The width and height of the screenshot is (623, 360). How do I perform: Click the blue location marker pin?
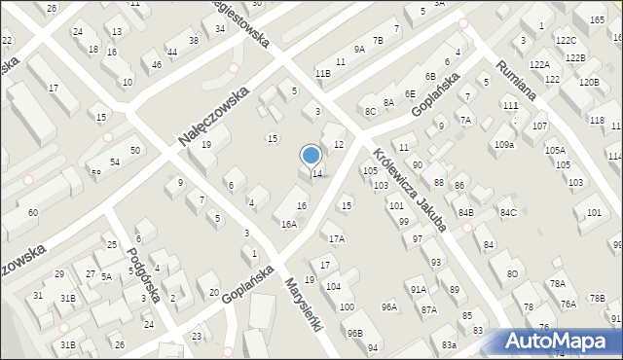point(311,155)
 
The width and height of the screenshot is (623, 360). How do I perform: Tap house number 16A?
point(289,224)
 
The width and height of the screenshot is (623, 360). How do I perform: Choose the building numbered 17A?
point(337,238)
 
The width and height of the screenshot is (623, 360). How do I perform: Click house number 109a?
point(503,144)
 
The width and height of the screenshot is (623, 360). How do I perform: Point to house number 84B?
point(466,212)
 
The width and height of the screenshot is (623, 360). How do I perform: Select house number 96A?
point(389,306)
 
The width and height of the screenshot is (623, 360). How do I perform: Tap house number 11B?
point(322,73)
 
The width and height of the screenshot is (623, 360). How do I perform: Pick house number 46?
point(157,65)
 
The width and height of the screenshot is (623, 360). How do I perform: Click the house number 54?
point(115,162)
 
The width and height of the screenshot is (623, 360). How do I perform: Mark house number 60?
point(33,212)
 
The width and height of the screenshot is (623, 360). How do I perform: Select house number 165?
point(596,19)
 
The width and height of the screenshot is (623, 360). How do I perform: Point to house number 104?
point(333,287)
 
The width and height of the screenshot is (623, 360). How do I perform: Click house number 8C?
point(370,111)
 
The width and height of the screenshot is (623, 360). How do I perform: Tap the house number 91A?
point(419,289)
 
